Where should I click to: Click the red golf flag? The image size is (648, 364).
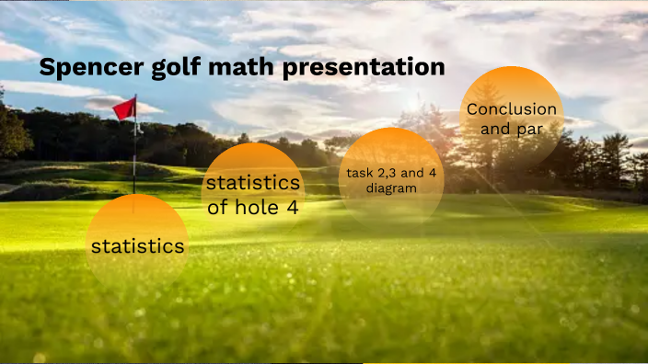tap(124, 108)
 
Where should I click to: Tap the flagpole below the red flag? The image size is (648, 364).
tap(135, 156)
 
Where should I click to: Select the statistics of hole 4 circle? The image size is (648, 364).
tap(252, 194)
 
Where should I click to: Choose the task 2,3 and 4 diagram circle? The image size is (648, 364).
tap(391, 179)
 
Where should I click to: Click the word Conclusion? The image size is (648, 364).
tap(511, 109)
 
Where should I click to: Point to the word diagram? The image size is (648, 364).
tap(391, 188)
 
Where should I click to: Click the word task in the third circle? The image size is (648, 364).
tap(359, 172)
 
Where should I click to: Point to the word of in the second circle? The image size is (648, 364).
tap(217, 207)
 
